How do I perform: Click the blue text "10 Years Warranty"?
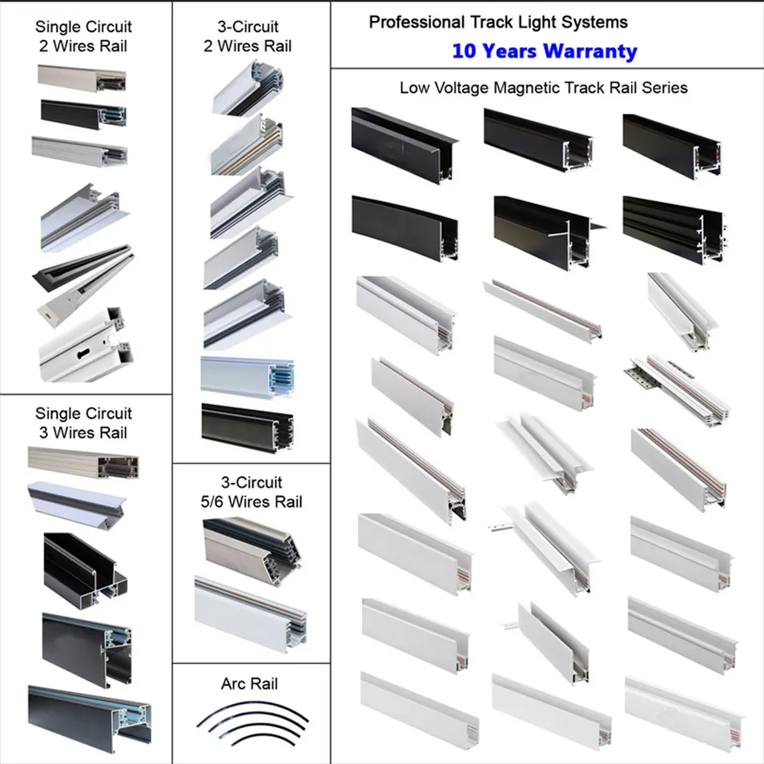pos(545,51)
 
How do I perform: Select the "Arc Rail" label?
pos(250,684)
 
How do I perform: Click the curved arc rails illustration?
pos(252,724)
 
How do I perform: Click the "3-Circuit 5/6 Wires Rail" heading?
pos(251,493)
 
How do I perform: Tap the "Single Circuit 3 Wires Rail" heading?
pos(83,423)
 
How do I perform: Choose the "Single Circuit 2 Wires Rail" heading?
pos(83,36)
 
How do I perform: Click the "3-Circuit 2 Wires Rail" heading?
pos(247,36)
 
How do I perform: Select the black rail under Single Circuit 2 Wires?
pos(83,115)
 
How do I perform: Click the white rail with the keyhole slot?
pos(85,347)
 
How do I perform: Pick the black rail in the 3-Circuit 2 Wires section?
pos(247,428)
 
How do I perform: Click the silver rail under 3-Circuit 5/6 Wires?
pos(251,545)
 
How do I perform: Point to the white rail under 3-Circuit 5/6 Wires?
pos(251,614)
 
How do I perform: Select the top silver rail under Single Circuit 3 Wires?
pos(82,462)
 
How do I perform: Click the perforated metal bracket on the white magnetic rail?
pos(641,375)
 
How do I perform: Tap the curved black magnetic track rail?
pos(404,228)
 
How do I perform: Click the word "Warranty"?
pos(590,51)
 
